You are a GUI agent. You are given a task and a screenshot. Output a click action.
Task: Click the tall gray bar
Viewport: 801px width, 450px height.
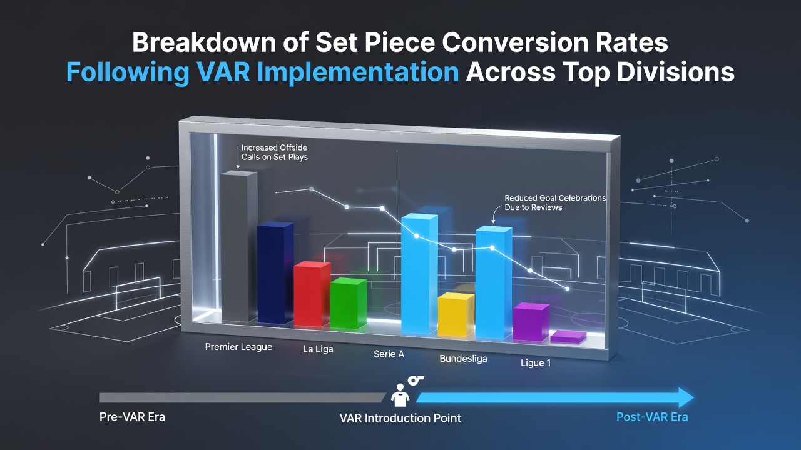238,246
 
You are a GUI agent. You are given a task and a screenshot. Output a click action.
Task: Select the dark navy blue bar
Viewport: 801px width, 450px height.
275,273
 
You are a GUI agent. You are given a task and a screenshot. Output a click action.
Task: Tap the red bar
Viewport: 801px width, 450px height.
312,294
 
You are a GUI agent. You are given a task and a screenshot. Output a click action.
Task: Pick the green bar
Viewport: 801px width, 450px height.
349,304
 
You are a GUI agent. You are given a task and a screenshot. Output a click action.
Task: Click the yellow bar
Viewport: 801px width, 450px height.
456,314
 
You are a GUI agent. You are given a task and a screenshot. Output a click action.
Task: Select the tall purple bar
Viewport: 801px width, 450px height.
531,322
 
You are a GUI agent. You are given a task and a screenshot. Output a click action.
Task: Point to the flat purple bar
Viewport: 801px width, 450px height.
568,337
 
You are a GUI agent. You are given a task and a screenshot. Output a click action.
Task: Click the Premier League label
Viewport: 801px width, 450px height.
238,347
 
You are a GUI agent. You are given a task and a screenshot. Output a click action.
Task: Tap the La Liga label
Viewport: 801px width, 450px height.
318,349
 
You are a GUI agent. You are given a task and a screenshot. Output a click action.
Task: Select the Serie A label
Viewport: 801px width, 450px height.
389,354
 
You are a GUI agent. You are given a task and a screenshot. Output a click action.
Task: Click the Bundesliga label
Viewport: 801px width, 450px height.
463,359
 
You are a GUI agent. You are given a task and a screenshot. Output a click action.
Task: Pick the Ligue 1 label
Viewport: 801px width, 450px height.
535,363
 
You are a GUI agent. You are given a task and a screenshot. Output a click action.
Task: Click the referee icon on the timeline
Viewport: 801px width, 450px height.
400,396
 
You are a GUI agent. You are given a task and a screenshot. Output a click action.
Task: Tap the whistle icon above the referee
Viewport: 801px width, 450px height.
416,381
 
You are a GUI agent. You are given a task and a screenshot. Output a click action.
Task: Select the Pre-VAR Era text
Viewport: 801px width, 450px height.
132,417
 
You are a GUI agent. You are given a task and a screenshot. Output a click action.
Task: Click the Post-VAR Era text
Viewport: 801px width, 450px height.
652,417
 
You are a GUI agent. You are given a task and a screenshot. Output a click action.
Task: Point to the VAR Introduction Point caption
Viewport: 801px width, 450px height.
400,418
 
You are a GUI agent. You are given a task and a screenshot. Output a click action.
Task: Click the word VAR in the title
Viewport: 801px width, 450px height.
223,72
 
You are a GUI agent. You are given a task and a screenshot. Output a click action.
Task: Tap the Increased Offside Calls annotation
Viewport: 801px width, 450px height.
274,152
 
